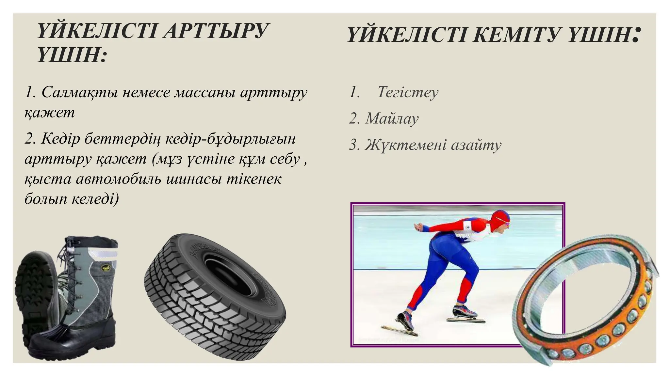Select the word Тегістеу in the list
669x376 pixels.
[x=408, y=92]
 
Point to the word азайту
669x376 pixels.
[x=476, y=145]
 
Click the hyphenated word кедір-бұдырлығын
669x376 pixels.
[x=230, y=139]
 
